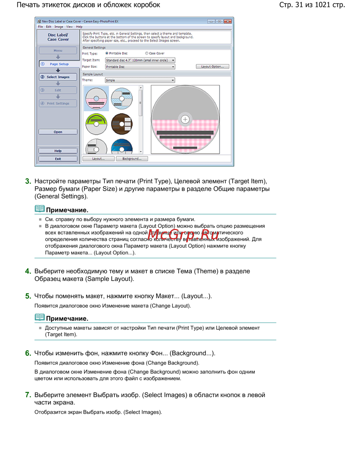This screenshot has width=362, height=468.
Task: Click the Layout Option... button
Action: pyautogui.click(x=212, y=67)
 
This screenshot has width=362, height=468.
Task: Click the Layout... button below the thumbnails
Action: pyautogui.click(x=98, y=159)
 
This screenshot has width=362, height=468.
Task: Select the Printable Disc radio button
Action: pyautogui.click(x=107, y=53)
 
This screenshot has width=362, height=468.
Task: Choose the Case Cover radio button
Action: pyautogui.click(x=147, y=53)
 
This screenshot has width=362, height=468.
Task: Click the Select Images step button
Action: pyautogui.click(x=58, y=77)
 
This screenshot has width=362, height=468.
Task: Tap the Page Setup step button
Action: pyautogui.click(x=59, y=64)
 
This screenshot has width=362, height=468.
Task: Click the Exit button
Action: pyautogui.click(x=58, y=159)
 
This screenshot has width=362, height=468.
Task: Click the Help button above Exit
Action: pyautogui.click(x=58, y=151)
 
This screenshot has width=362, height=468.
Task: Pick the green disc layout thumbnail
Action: pyautogui.click(x=96, y=123)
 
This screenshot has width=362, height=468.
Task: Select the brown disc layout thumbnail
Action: pyautogui.click(x=122, y=123)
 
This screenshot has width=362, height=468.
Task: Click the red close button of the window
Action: pyautogui.click(x=228, y=21)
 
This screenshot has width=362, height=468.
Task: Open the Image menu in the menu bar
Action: pyautogui.click(x=59, y=27)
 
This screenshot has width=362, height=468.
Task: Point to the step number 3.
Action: pyautogui.click(x=28, y=181)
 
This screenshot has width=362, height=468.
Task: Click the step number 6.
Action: pyautogui.click(x=28, y=353)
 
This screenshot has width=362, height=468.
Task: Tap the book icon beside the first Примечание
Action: pyautogui.click(x=39, y=209)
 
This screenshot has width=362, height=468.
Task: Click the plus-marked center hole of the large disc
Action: pyautogui.click(x=185, y=119)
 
